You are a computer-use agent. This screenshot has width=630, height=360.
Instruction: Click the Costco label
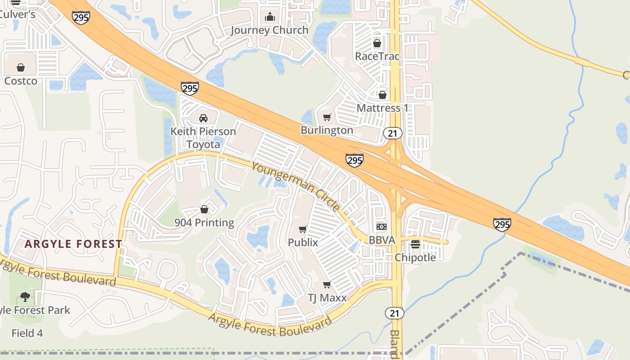pos(21,81)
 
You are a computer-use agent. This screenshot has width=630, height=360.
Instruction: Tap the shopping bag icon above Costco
pos(21,68)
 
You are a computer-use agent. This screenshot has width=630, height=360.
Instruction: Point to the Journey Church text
pos(270,30)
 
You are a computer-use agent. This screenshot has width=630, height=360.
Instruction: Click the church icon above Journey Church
pos(270,17)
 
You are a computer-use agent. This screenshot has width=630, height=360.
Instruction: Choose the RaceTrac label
pos(377,56)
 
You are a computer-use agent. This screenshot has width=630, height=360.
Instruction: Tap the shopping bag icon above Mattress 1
pos(382,95)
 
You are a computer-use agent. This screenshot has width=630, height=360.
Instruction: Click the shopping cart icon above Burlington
pos(327,117)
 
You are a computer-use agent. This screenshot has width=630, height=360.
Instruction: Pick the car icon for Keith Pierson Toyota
pos(203,118)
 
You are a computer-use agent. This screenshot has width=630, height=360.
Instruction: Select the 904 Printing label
pos(204,223)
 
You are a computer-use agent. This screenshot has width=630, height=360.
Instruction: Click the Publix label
pos(303,242)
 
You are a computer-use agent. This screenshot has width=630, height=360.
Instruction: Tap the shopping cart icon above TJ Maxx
pos(327,285)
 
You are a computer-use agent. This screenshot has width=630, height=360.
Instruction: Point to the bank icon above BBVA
pos(382,227)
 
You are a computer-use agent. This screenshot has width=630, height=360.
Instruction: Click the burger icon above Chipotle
pos(415,244)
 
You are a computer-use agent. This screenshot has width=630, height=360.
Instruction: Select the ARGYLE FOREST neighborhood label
pos(73,244)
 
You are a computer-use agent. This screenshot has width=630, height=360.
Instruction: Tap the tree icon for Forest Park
pos(25,297)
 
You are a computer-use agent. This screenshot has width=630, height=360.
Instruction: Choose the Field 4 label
pos(27,333)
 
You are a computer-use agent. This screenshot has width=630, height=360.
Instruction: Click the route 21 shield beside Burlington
pos(393,133)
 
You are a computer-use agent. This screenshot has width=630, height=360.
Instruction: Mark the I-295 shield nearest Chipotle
pos(502,224)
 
